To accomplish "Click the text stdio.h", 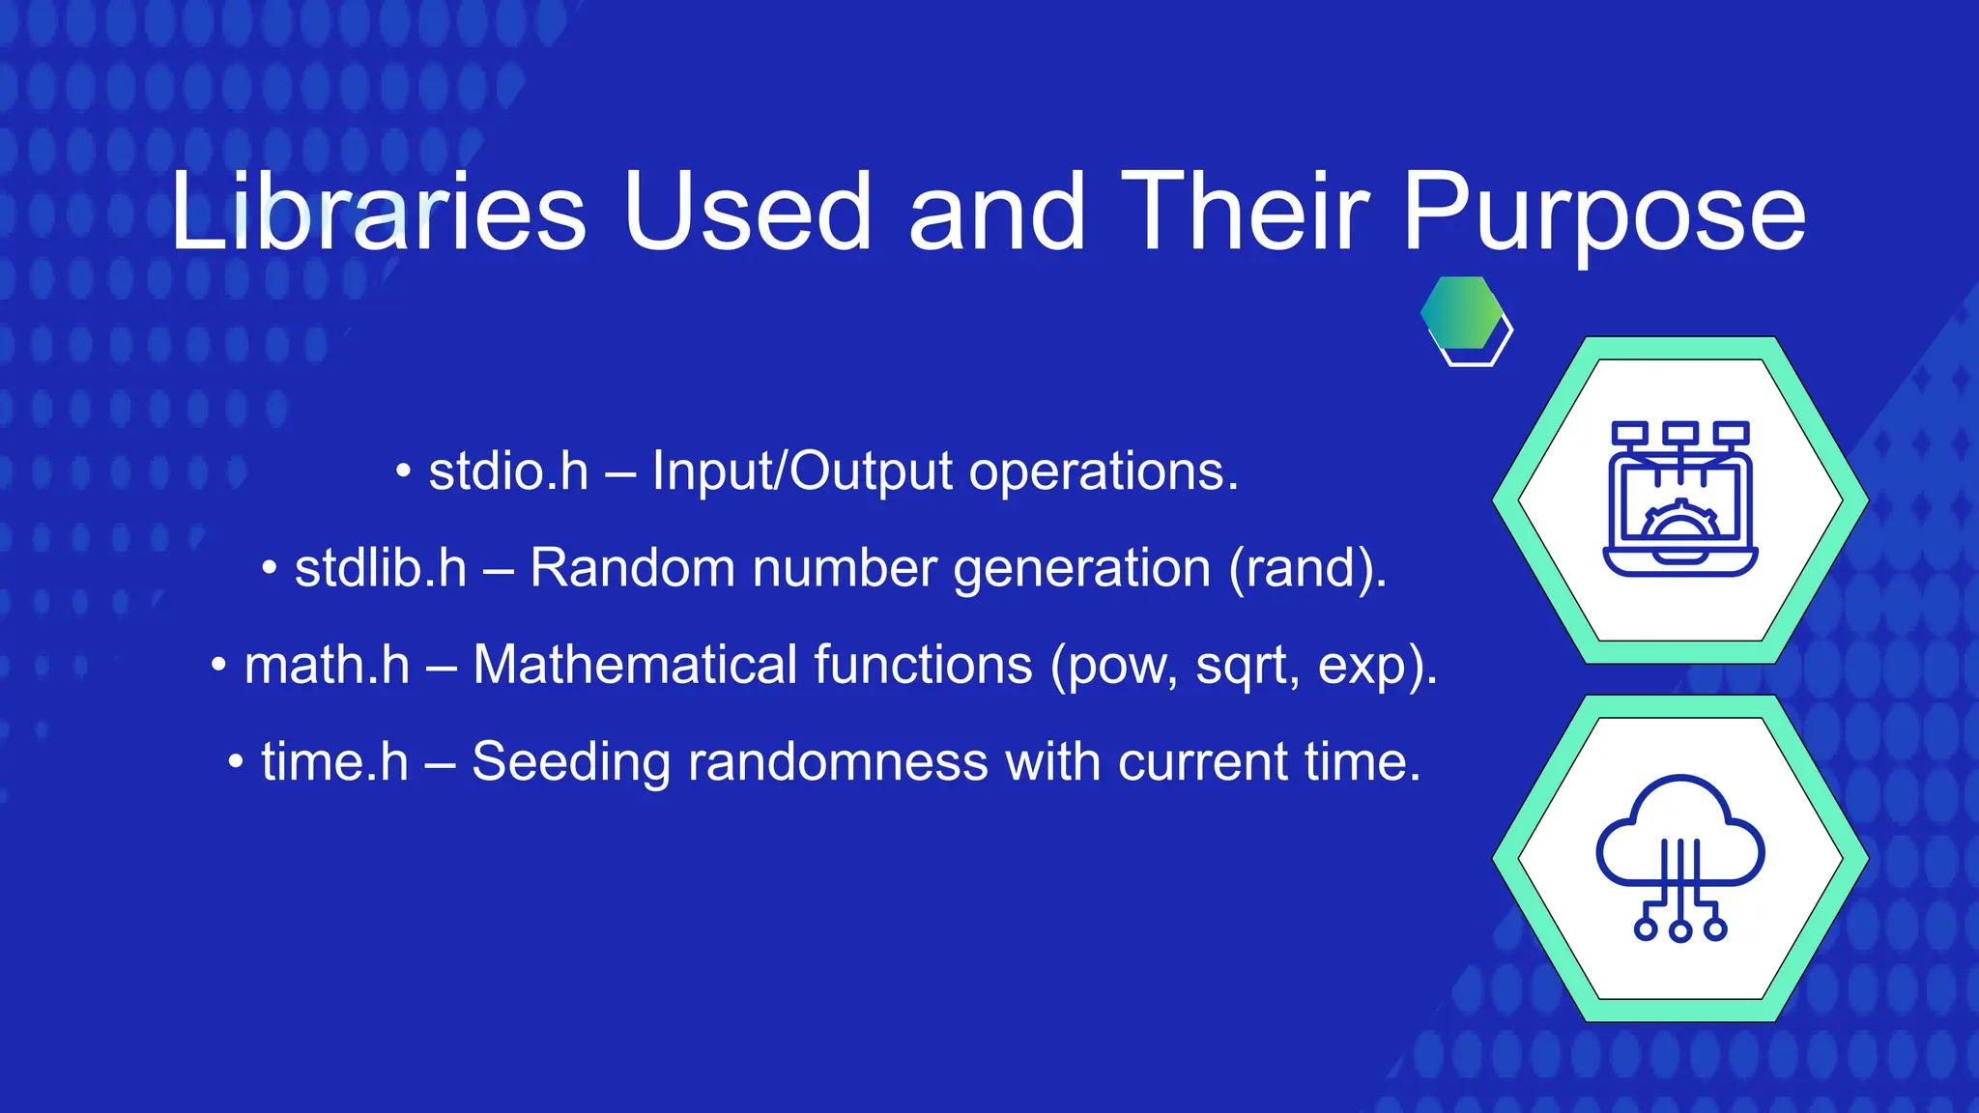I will pos(508,471).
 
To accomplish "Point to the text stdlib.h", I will pos(381,568).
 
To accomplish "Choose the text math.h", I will pos(327,666).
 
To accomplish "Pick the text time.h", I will pos(334,762).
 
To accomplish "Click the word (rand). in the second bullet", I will pos(1307,568).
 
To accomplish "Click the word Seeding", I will pos(570,763).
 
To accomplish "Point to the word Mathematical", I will pos(753,665).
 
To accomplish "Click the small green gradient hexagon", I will pos(1461,313).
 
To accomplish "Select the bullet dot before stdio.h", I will pos(404,473).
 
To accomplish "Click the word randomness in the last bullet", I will pos(838,762).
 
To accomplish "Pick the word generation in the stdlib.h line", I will pos(1081,569).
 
